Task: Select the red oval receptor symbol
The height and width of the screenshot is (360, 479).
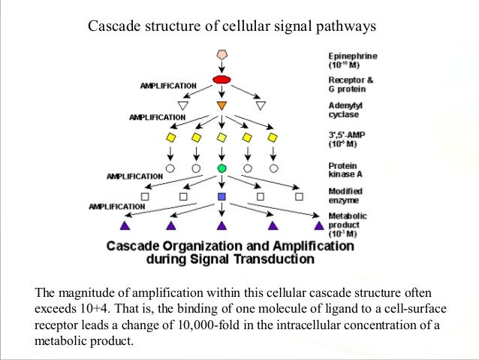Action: (221, 80)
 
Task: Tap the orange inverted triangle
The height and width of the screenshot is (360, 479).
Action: (221, 105)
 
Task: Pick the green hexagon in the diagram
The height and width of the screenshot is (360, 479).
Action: (221, 168)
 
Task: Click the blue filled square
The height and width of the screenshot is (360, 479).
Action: (221, 197)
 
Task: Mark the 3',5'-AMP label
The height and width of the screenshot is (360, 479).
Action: (348, 140)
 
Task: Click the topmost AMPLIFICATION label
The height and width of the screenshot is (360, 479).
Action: (168, 86)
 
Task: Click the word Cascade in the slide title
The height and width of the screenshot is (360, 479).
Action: (112, 27)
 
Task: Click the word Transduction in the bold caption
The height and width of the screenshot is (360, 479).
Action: (272, 260)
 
